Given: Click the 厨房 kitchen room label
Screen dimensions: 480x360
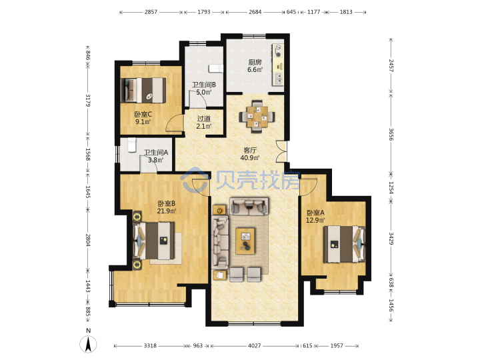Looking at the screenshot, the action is tap(255, 62).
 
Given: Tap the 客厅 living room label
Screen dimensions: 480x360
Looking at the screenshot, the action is tap(250, 150).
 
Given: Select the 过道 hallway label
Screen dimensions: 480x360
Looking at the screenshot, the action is tap(203, 119).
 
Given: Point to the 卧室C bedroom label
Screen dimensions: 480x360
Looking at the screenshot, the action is tap(143, 115).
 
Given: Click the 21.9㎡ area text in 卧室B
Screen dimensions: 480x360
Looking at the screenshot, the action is tap(167, 211).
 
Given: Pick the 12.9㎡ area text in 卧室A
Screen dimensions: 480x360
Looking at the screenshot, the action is tap(315, 220).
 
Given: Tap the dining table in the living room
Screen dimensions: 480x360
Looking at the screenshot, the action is tap(257, 116).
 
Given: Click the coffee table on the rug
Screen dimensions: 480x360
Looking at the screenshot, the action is tap(245, 241).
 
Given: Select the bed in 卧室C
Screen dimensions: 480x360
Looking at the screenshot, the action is tap(143, 90).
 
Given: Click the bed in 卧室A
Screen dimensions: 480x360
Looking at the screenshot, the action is tap(345, 244).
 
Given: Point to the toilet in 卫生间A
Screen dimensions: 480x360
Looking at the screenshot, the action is tap(132, 145).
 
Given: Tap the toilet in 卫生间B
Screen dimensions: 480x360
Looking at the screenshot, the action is tap(216, 69).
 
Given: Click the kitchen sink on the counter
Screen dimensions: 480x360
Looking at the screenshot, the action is tap(279, 79).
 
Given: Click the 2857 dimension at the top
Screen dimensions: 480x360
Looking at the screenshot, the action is tap(151, 12).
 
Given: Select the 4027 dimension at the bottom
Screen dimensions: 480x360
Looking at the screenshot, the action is tap(255, 345).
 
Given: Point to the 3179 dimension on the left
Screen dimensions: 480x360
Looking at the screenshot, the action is tap(88, 101).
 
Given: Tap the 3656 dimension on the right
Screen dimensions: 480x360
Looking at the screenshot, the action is tap(391, 134).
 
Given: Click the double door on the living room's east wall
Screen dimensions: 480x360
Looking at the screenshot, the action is tap(281, 151).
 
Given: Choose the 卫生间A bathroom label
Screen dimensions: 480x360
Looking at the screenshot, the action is tap(156, 152).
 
